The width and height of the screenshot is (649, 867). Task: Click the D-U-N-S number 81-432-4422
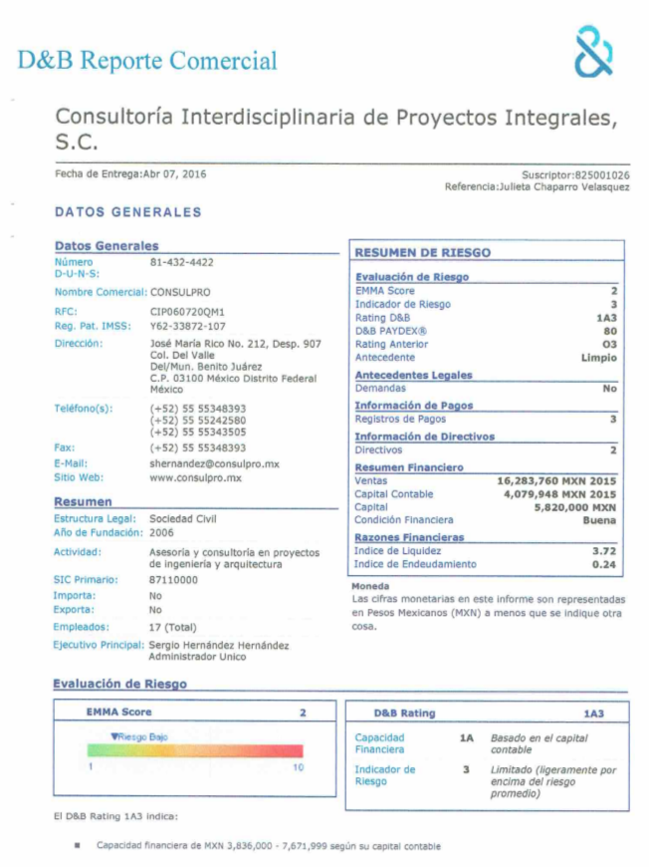pos(181,262)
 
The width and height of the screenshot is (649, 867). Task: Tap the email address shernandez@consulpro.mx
pos(214,463)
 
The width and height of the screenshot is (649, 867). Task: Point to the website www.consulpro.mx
pos(195,478)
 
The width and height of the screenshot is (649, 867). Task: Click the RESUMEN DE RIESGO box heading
pos(423,253)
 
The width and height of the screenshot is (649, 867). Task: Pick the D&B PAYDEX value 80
pos(610,331)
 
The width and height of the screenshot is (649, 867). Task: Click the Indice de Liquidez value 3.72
pos(604,551)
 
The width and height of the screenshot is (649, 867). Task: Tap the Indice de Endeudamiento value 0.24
pos(604,565)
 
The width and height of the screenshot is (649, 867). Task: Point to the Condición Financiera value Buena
pos(600,520)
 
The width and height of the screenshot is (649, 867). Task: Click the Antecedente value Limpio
pos(599,358)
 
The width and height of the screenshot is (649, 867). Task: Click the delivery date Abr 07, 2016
pos(175,174)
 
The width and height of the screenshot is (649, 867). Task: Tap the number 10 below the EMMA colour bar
pos(298,768)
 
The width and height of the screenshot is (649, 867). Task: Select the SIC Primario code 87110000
pos(173,580)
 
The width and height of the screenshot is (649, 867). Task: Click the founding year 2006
pos(161,532)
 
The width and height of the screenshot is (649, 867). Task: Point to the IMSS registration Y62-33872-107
pos(187,326)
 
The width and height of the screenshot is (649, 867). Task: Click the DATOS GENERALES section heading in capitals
pos(127,212)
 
